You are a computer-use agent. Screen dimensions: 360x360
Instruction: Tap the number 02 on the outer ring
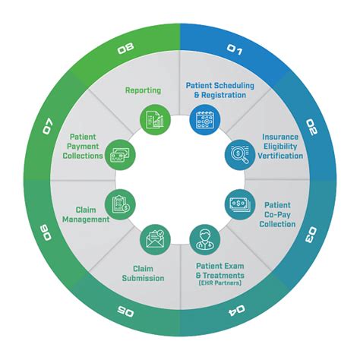coord(311,124)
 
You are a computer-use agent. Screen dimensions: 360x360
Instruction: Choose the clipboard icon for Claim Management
coord(120,204)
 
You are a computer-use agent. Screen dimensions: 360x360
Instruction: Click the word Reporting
coord(143,91)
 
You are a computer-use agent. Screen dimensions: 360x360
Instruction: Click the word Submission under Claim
coord(142,278)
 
